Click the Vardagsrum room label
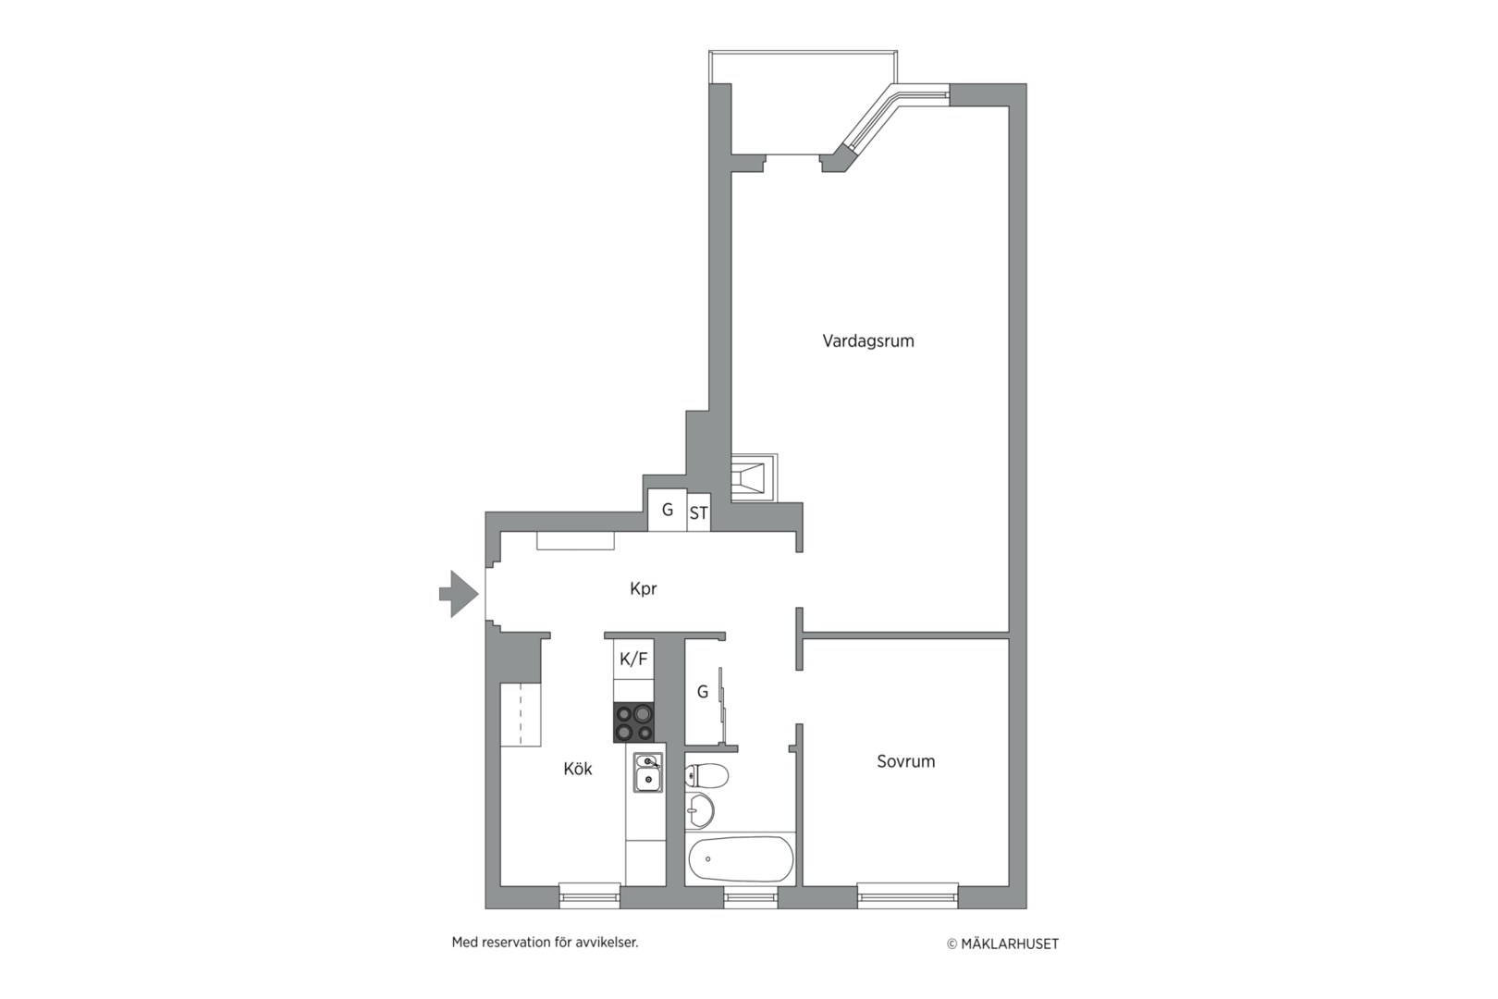[x=868, y=341]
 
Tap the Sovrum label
[x=905, y=761]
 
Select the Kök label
[x=578, y=769]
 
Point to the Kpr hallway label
[x=644, y=589]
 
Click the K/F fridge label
[x=633, y=660]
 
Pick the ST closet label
[x=699, y=513]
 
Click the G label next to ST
[x=668, y=510]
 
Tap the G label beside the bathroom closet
[x=702, y=692]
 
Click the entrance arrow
[x=459, y=594]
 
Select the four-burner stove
[x=634, y=722]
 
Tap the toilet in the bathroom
[x=706, y=776]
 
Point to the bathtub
[x=741, y=859]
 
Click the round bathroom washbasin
[x=699, y=810]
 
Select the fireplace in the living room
[x=754, y=477]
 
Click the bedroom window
[x=907, y=896]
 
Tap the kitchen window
[x=589, y=896]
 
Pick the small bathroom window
[x=750, y=896]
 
